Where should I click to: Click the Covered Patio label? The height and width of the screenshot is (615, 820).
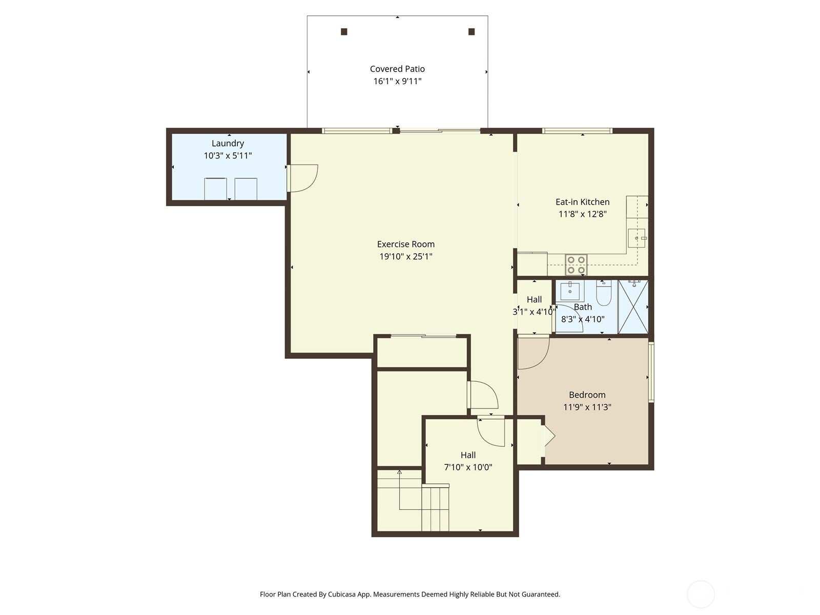(x=397, y=69)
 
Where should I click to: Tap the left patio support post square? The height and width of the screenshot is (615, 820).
(x=344, y=32)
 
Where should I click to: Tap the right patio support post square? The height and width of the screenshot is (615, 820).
(x=471, y=32)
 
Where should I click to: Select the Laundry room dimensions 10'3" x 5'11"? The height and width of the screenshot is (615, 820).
(x=228, y=156)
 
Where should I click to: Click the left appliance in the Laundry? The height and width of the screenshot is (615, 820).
(x=215, y=189)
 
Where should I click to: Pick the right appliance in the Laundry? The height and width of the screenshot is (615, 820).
(x=246, y=189)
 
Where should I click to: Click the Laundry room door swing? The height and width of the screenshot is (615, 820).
(x=302, y=177)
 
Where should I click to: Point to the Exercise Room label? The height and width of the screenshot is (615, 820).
(x=405, y=244)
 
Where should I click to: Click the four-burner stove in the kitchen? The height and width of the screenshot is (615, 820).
(x=576, y=265)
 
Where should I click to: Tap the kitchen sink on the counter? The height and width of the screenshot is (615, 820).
(x=637, y=238)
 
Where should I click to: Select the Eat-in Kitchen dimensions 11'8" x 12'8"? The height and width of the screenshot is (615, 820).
(x=582, y=214)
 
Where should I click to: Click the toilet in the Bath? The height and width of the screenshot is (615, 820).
(x=604, y=293)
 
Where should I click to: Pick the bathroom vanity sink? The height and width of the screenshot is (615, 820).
(x=570, y=291)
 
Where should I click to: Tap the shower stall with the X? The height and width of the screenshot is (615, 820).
(x=633, y=306)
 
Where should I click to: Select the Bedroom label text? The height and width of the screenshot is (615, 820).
(x=587, y=395)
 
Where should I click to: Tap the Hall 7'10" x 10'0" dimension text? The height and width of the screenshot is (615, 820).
(x=468, y=467)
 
